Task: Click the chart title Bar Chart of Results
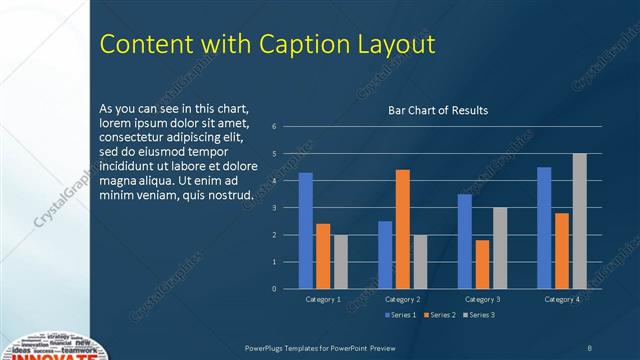[x=438, y=110]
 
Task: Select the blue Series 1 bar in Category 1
[x=306, y=231]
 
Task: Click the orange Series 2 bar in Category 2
[x=402, y=229]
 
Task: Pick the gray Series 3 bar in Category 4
[x=579, y=221]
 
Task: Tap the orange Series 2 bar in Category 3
[x=482, y=264]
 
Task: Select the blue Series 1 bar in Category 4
[x=544, y=228]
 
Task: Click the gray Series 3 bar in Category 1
[x=341, y=262]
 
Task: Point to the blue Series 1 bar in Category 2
[x=385, y=255]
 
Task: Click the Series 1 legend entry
[x=399, y=315]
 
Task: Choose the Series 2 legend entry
[x=438, y=315]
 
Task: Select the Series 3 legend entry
[x=477, y=315]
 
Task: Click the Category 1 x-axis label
[x=323, y=299]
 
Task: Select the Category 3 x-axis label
[x=482, y=299]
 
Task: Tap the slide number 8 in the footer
[x=590, y=346]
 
